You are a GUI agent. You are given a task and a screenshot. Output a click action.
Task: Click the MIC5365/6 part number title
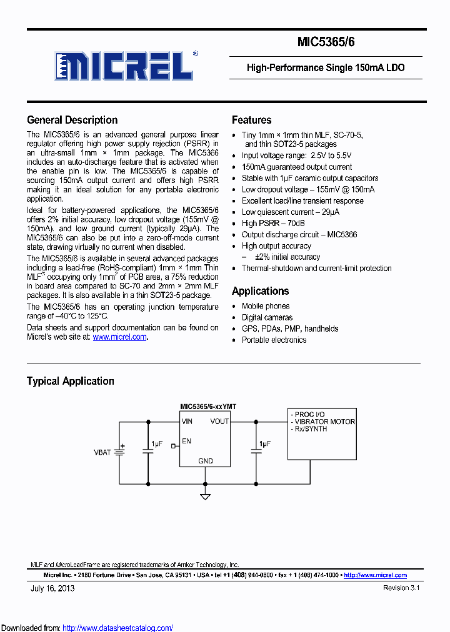326,43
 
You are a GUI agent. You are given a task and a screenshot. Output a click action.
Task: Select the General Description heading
72,120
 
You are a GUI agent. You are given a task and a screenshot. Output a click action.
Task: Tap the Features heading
251,120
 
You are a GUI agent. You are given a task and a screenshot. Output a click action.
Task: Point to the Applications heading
260,291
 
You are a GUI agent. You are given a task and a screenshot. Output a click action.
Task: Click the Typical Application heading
70,381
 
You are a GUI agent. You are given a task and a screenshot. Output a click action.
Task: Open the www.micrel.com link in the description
119,337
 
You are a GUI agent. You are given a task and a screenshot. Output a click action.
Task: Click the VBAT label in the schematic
102,452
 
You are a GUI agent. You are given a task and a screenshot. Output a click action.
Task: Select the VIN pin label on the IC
187,422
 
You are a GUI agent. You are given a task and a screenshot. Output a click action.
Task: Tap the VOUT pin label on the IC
219,422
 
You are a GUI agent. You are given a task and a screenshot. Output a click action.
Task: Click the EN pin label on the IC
186,442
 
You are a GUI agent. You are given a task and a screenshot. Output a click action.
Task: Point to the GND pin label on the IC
205,461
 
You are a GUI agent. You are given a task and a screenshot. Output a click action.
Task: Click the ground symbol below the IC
205,496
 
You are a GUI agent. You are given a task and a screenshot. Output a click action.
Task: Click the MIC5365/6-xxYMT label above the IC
208,407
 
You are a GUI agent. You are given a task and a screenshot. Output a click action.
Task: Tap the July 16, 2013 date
52,588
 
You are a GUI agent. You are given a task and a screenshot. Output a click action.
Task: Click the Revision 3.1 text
401,588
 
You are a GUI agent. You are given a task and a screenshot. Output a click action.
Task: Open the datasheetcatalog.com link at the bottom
118,628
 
